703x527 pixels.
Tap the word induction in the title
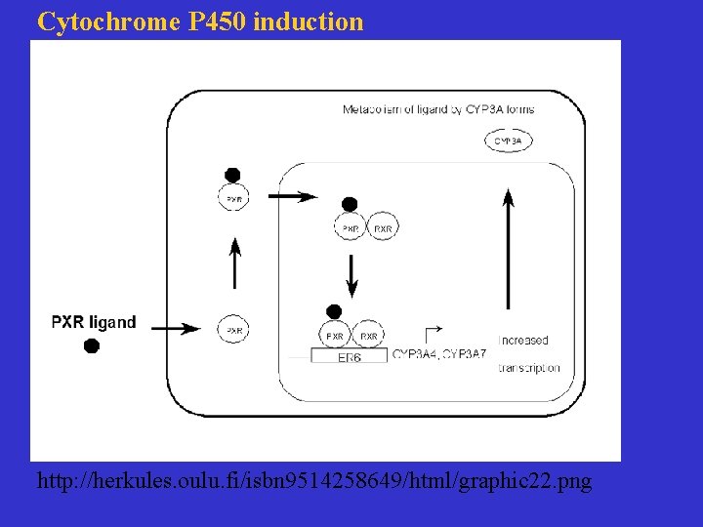tap(308, 20)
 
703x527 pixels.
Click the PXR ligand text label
tap(94, 322)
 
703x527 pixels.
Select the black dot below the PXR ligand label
tap(92, 345)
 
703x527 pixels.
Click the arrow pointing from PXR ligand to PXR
tap(176, 328)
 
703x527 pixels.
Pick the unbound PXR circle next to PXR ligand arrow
tap(234, 330)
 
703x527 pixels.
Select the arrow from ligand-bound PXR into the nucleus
tap(292, 196)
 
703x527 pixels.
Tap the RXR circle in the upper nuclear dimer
tap(382, 228)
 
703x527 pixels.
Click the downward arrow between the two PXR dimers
tap(352, 274)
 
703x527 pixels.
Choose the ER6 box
tap(349, 356)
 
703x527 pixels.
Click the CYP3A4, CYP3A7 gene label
tap(438, 353)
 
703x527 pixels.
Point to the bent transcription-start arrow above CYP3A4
tap(434, 333)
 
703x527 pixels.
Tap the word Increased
tap(523, 341)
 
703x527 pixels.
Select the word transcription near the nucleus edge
tap(528, 368)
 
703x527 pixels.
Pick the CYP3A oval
tap(509, 142)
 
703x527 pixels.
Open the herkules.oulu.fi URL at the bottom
tap(313, 481)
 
